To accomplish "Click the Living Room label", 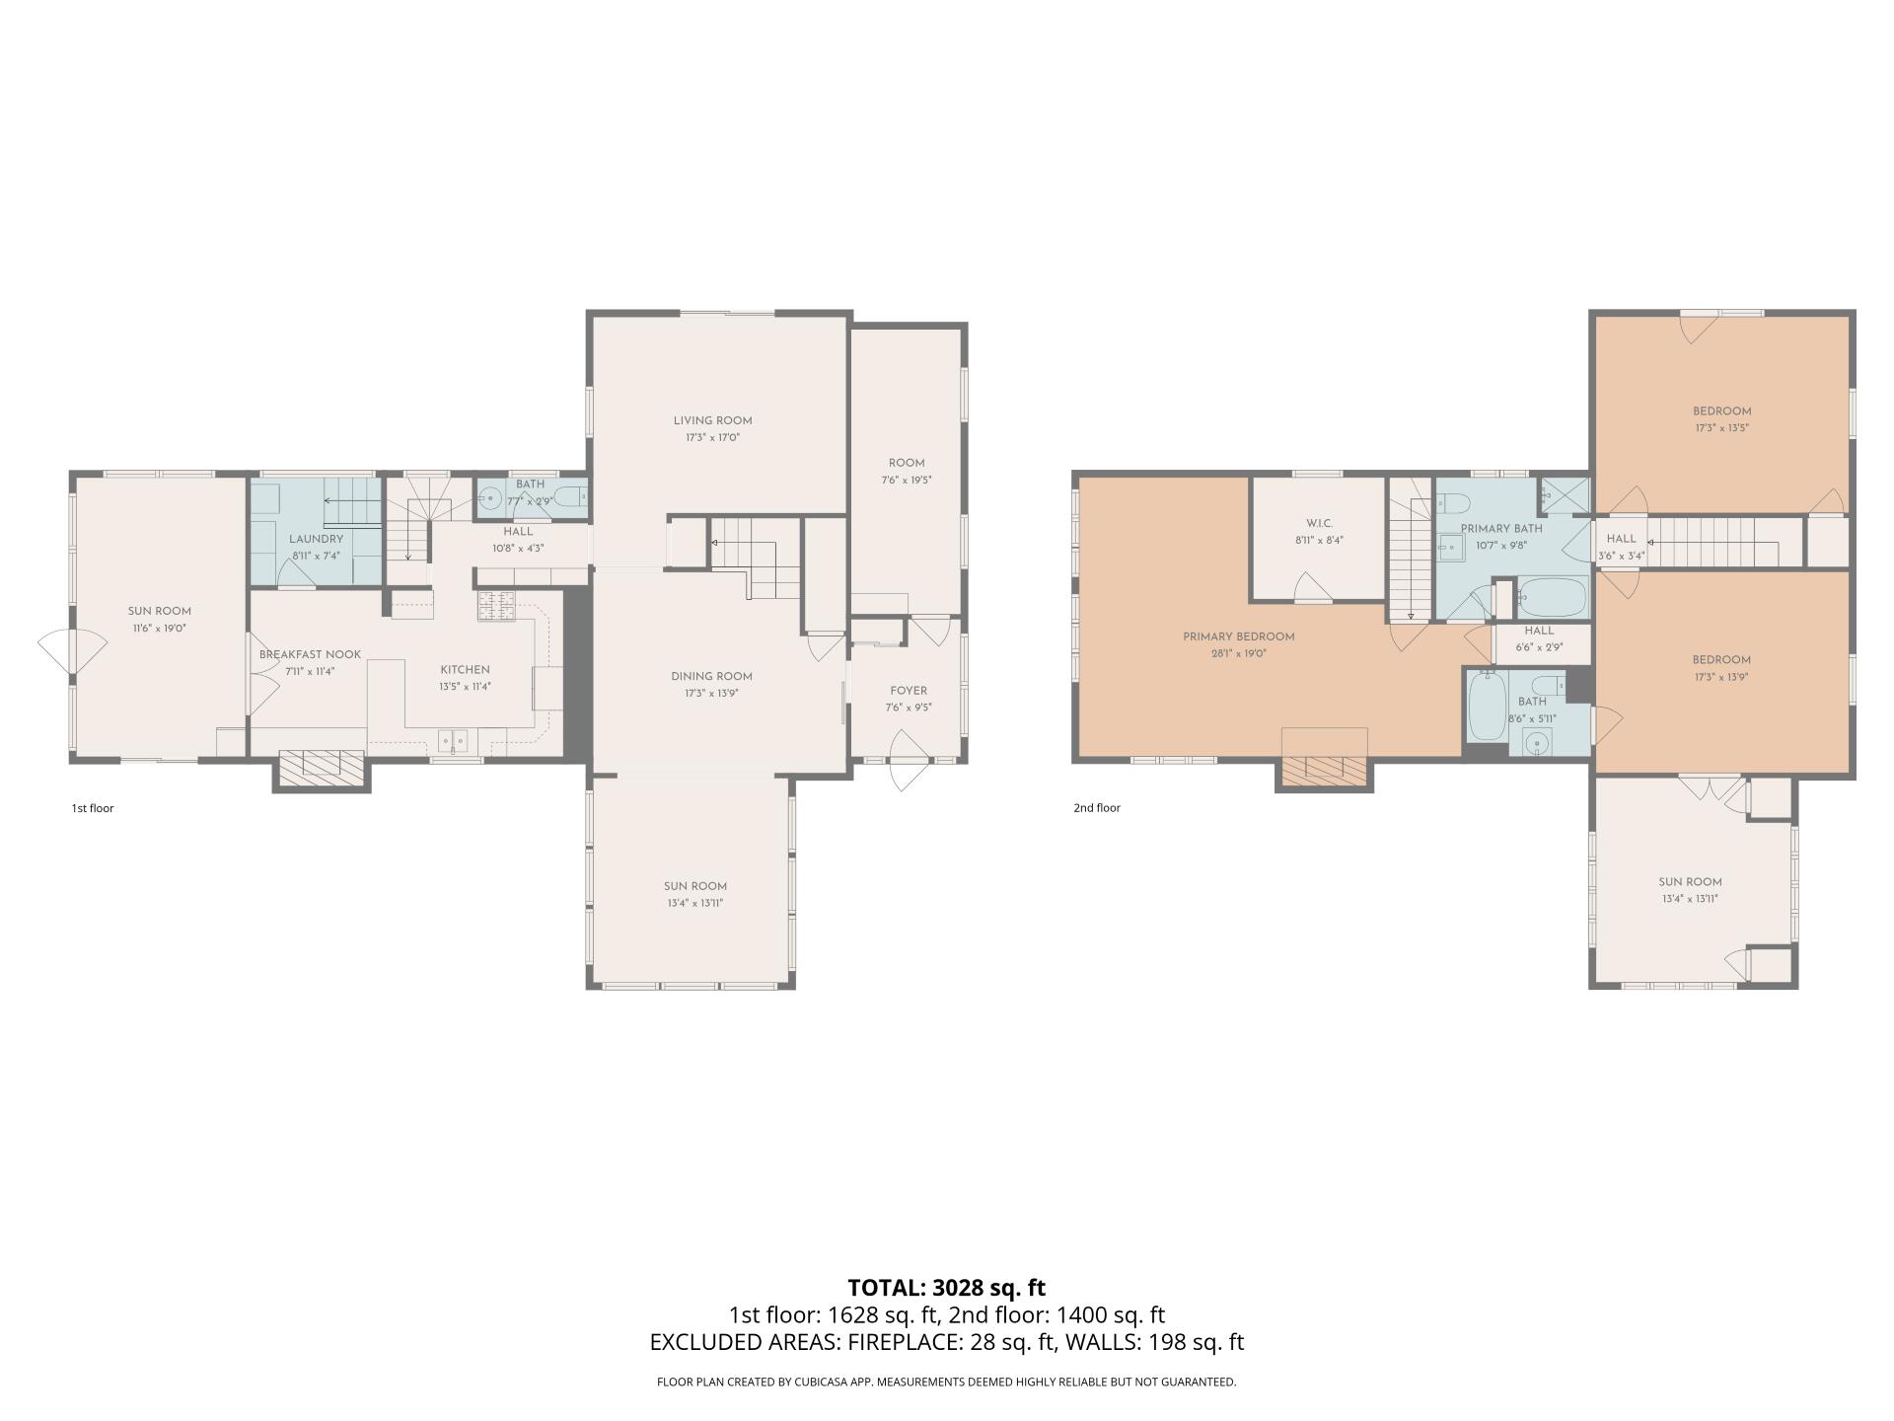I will coord(712,420).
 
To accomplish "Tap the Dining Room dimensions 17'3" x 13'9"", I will coord(711,694).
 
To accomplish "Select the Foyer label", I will coord(908,691).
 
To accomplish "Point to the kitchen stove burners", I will coord(496,605).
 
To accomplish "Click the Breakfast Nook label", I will coord(310,654).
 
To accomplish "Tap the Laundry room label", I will coord(316,539).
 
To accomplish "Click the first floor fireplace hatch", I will coord(322,767).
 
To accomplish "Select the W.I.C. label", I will coord(1319,523).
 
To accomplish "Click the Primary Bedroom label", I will coord(1238,636).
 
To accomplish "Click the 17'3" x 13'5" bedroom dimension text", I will coord(1721,428).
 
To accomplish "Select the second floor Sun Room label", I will coord(1690,882).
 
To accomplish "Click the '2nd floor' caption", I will coord(1096,807).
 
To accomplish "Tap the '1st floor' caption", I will coord(93,808).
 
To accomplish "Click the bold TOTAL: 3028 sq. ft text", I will coord(946,1288).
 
